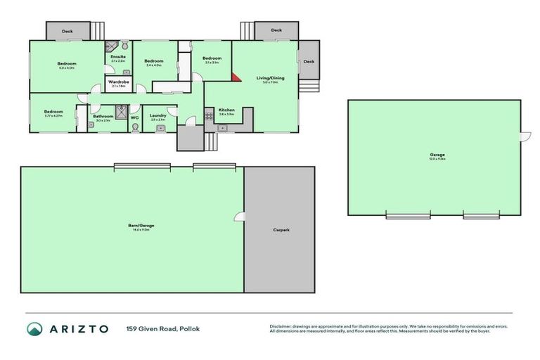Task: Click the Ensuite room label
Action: tap(118, 56)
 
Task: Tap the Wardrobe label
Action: tap(118, 82)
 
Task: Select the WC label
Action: tap(134, 117)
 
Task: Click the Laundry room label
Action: tap(157, 115)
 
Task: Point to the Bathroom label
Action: tap(103, 116)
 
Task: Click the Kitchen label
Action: tap(226, 110)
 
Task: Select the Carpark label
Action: tap(281, 230)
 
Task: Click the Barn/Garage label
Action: tap(143, 225)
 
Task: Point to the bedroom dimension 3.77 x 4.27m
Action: tap(53, 115)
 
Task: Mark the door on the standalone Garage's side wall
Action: tap(523, 136)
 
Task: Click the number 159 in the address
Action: tap(132, 329)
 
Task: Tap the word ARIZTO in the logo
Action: tap(79, 329)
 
